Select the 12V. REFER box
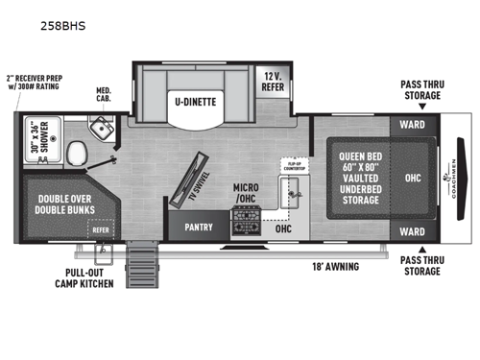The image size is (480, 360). tap(273, 81)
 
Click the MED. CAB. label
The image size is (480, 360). tap(104, 95)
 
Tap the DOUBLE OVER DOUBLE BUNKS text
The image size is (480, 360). tap(63, 203)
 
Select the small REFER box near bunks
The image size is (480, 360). tap(100, 230)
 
